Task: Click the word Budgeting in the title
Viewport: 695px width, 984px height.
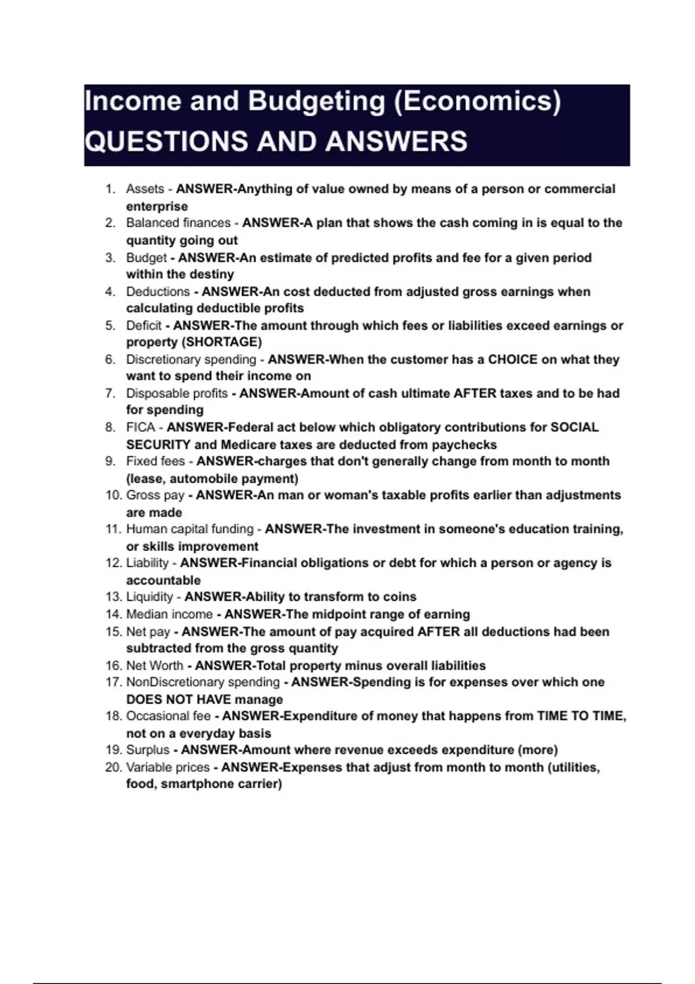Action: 316,101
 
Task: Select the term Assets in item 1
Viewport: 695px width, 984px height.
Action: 145,189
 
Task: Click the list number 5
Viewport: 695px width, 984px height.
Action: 110,325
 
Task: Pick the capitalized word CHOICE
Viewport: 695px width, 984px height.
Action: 513,359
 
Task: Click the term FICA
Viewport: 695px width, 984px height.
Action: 141,427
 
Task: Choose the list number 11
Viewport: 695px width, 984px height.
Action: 112,529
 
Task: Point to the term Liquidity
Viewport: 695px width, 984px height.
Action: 149,597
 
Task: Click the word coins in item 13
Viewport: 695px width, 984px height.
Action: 400,597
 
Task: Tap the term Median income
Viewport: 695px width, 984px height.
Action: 169,614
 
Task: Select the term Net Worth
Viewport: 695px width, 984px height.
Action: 155,666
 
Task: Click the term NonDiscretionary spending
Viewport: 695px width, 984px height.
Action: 203,682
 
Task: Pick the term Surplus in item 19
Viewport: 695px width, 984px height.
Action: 148,750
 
